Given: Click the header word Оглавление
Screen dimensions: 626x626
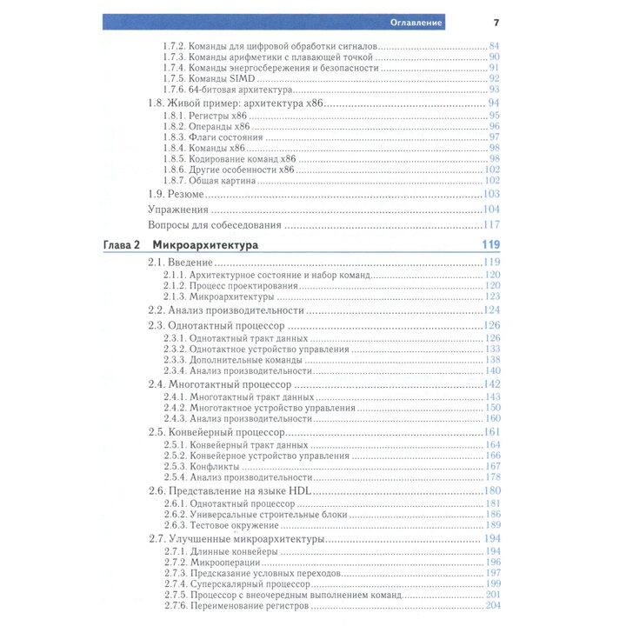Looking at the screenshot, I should click(x=416, y=22).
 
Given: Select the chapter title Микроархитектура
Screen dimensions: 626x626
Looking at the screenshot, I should click(x=204, y=246).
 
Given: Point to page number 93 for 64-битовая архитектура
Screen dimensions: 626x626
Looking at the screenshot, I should click(x=494, y=90).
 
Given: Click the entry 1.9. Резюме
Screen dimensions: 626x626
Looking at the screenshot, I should click(x=176, y=194).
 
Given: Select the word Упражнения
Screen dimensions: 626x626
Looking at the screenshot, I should click(x=177, y=210).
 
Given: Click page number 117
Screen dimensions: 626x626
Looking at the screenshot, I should click(x=492, y=225).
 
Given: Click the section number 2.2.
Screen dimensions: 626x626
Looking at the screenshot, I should click(x=156, y=310).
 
